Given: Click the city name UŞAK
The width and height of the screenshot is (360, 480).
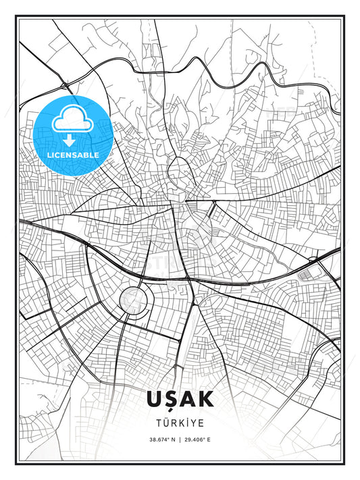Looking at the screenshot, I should tap(180, 399).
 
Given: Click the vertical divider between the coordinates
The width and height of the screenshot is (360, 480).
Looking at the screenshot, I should tap(180, 439).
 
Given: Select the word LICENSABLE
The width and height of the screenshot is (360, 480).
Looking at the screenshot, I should tap(73, 155).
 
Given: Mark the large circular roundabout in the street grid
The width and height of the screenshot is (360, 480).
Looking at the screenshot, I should tap(132, 299).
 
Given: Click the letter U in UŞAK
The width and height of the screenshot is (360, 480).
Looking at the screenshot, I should tap(154, 399).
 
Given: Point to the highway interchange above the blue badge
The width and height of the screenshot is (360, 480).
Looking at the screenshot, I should tap(65, 84).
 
